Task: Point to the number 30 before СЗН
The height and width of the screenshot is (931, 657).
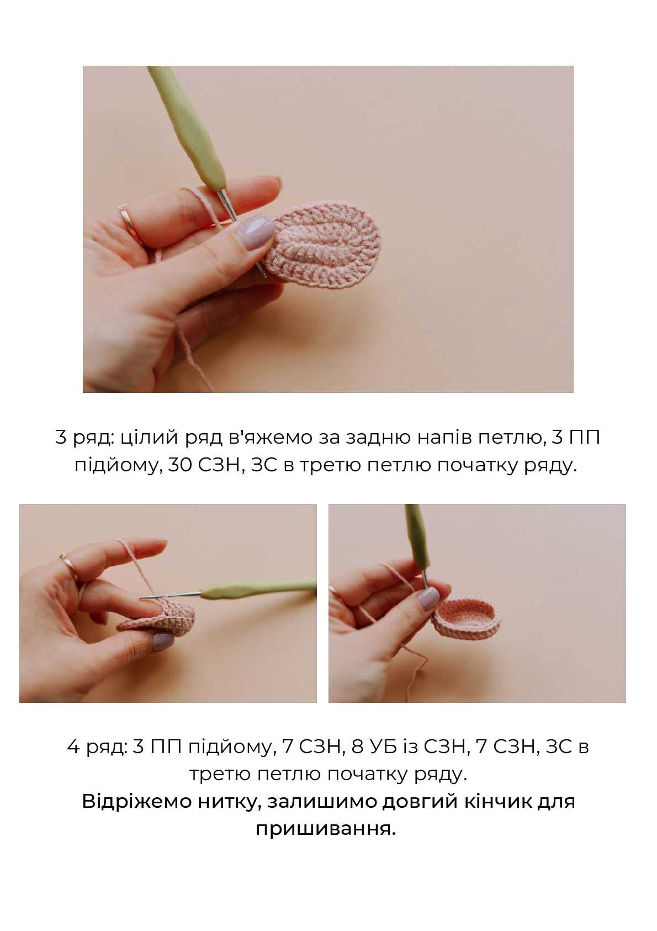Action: [x=179, y=466]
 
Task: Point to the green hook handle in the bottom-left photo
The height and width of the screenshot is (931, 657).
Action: [x=257, y=589]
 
